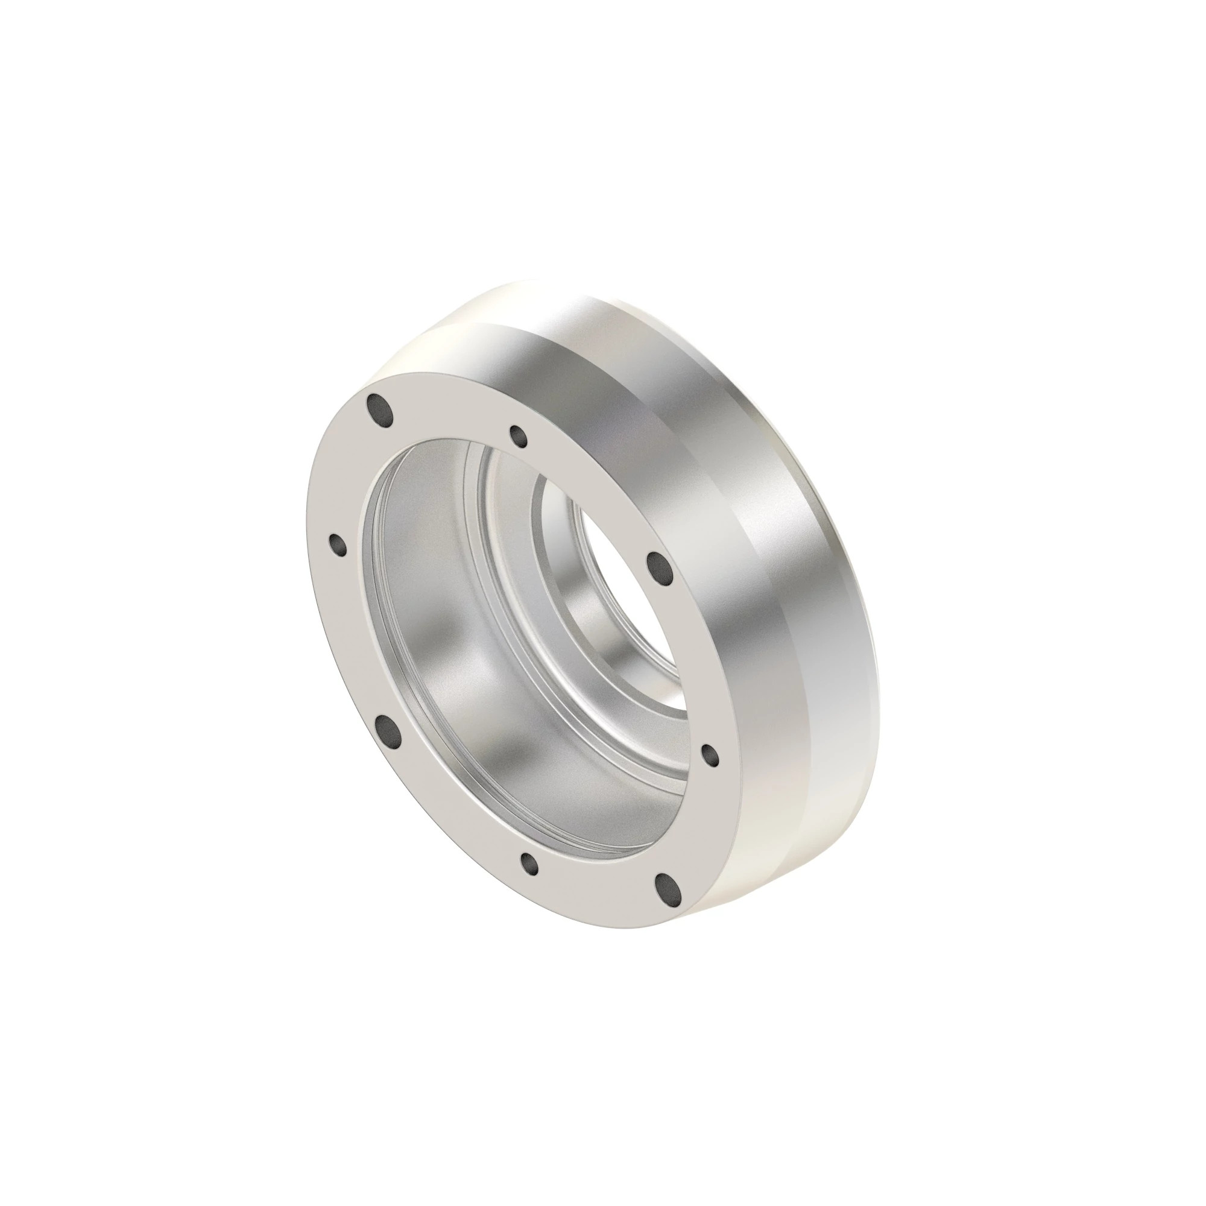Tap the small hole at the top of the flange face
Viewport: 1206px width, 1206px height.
coord(519,437)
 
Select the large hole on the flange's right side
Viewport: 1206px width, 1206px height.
coord(657,566)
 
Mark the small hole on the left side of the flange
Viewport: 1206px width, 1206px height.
coord(338,545)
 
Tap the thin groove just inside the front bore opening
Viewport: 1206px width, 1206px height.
coord(368,599)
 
